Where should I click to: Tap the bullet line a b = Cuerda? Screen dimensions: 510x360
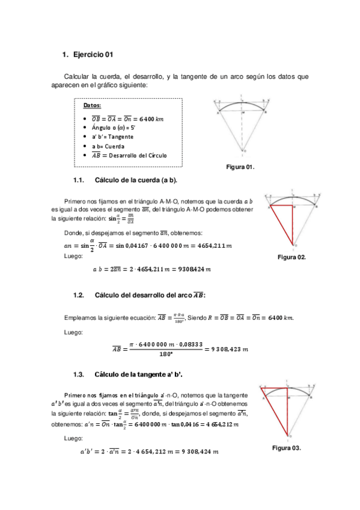pyautogui.click(x=108, y=146)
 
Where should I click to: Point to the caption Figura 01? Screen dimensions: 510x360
pyautogui.click(x=240, y=166)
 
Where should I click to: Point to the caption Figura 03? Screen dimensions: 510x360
pyautogui.click(x=286, y=448)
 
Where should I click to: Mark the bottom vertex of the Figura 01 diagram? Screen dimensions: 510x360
pyautogui.click(x=243, y=150)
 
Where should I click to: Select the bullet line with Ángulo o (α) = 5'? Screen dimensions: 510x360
pyautogui.click(x=114, y=127)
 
